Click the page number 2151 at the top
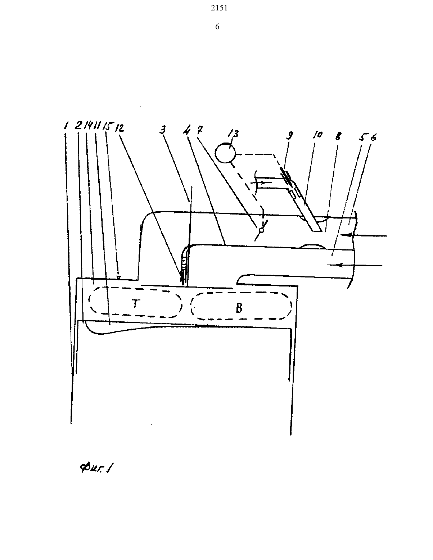(x=219, y=8)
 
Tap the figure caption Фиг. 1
(x=97, y=468)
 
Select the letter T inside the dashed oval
(x=135, y=304)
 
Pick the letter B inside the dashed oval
(x=239, y=308)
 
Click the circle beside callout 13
(x=225, y=153)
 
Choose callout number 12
(x=119, y=128)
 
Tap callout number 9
(x=290, y=135)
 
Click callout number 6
(x=373, y=137)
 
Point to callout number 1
(x=66, y=126)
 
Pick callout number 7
(x=199, y=130)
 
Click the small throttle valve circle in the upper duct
(x=261, y=230)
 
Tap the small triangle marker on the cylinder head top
(x=119, y=277)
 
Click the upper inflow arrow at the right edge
(x=364, y=235)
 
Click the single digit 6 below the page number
(x=217, y=27)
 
